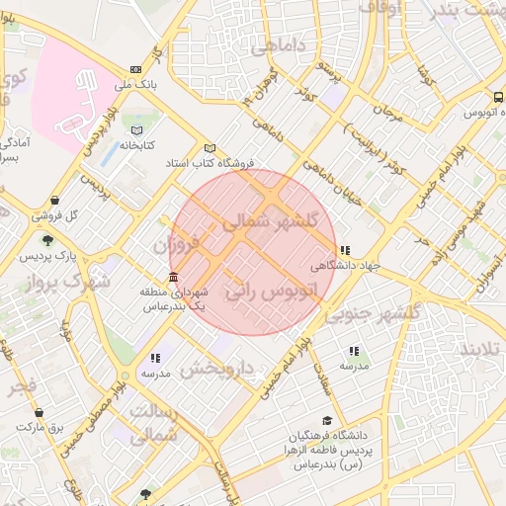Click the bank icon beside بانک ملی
tap(135, 70)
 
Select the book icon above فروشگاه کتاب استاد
tap(209, 147)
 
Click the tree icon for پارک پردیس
tap(46, 240)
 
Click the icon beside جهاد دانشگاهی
tap(344, 251)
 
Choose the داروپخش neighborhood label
tap(218, 370)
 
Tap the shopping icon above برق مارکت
tap(40, 413)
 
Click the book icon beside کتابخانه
tap(137, 130)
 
